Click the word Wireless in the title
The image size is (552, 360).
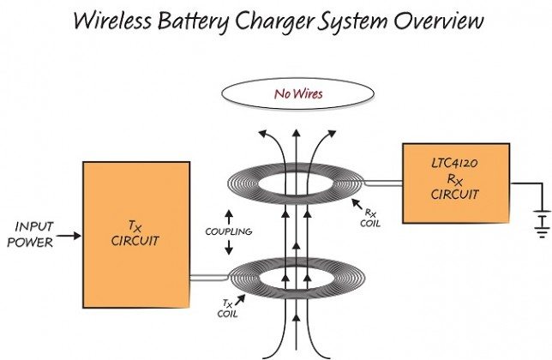[122, 21]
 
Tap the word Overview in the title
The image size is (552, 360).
[435, 21]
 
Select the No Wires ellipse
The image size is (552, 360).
[297, 93]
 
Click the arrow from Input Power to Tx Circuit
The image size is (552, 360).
[71, 233]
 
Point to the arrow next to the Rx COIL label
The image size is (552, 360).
[359, 202]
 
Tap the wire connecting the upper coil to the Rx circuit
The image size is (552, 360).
[384, 182]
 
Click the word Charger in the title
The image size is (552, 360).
[278, 21]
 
